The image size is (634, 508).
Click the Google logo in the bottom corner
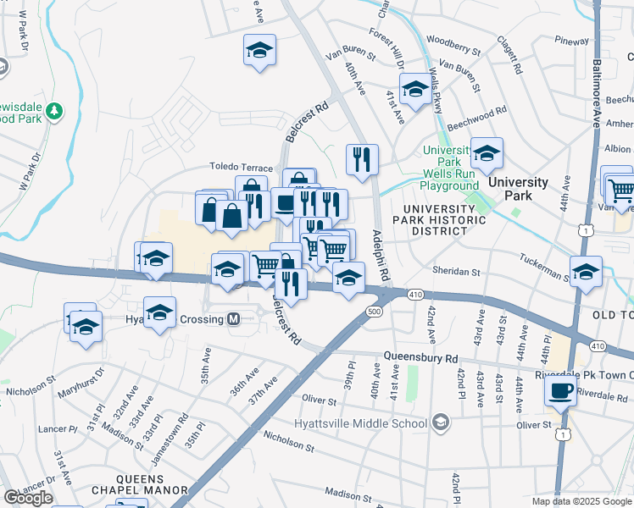point(28,498)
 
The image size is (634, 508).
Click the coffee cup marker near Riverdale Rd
point(560,391)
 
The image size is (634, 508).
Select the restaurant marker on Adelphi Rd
point(362,157)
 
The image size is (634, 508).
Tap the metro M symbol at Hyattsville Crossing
point(235,319)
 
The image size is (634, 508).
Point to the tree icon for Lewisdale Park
point(54,111)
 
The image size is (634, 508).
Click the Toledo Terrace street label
point(242,168)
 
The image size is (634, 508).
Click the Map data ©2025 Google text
point(581,501)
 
